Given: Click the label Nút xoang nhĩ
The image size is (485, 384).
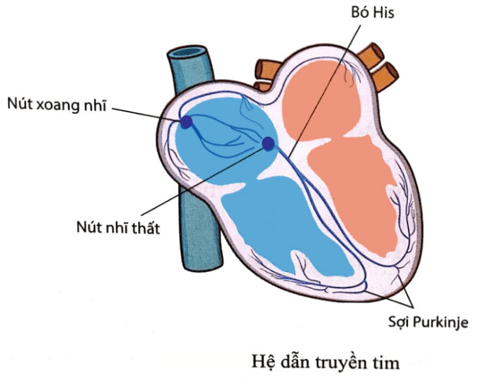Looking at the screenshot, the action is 57,105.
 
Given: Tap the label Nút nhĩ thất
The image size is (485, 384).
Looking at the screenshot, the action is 118,228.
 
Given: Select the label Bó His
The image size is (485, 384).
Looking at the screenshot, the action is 373,12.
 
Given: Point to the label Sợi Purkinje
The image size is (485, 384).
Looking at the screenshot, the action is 428,323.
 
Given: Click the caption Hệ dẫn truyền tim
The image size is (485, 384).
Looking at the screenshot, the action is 325,362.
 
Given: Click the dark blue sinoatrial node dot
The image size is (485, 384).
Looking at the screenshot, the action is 186,122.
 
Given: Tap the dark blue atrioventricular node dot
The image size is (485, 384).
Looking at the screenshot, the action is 268,143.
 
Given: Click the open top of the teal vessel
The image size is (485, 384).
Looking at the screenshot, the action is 187,52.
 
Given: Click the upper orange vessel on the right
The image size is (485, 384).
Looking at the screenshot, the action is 371,55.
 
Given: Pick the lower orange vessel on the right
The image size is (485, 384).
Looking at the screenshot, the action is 385,76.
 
